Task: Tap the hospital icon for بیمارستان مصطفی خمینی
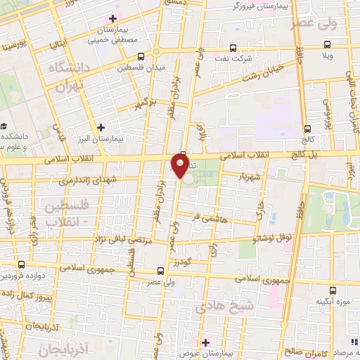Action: pos(112,18)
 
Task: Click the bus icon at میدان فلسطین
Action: pos(141,56)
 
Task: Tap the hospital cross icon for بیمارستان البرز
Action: pos(102,127)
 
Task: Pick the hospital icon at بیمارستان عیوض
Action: pos(202,342)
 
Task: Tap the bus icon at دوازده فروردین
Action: pos(21,265)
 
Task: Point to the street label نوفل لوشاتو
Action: pos(275,238)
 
